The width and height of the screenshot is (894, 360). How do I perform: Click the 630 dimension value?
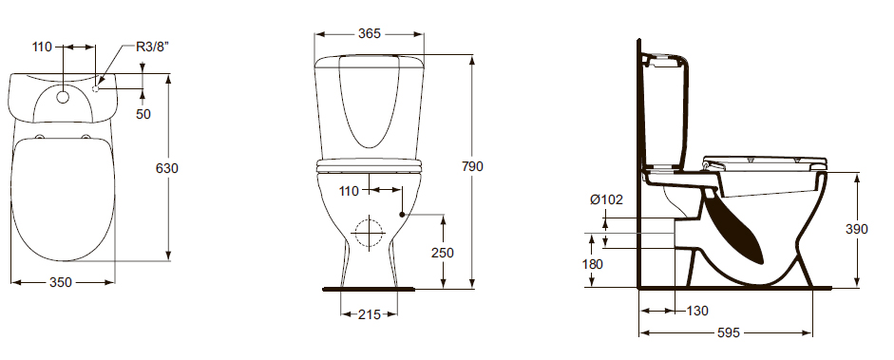(x=167, y=169)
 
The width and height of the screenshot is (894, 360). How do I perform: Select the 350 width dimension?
(x=61, y=282)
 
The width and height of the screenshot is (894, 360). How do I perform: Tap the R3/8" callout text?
(x=153, y=47)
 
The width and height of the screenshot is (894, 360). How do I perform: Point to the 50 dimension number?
(x=143, y=114)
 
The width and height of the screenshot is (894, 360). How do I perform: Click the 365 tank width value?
(x=370, y=33)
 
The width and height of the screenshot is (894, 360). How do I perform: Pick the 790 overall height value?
(x=472, y=166)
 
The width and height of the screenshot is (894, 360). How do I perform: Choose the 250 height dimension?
(x=443, y=253)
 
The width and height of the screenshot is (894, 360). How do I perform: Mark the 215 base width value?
(x=369, y=313)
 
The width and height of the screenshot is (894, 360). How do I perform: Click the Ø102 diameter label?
(x=607, y=199)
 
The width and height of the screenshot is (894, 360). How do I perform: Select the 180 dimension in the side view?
(x=593, y=264)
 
